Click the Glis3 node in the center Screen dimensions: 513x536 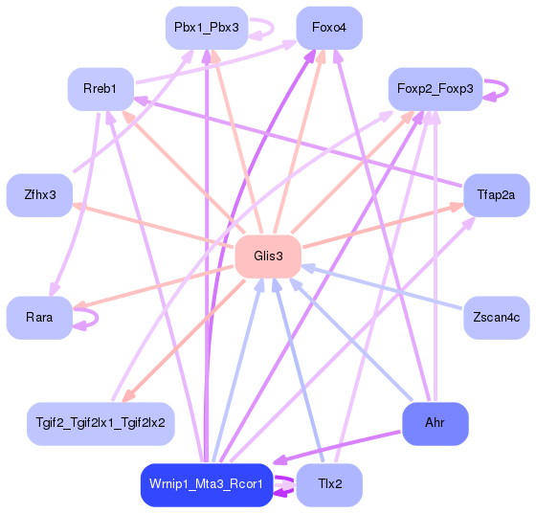tap(268, 256)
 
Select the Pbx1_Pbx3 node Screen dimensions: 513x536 tap(207, 27)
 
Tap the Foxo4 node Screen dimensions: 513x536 tap(329, 27)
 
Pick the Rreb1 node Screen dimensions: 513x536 tap(100, 89)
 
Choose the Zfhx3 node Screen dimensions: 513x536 tap(39, 194)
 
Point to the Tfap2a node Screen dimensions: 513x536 tap(496, 194)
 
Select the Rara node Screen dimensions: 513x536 tap(39, 317)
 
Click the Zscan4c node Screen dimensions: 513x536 tap(496, 317)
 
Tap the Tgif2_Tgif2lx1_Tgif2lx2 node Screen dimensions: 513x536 tap(100, 422)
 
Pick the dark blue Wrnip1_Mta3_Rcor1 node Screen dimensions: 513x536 tap(207, 484)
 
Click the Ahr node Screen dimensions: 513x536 tap(435, 422)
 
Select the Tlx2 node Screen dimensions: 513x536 tap(329, 484)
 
